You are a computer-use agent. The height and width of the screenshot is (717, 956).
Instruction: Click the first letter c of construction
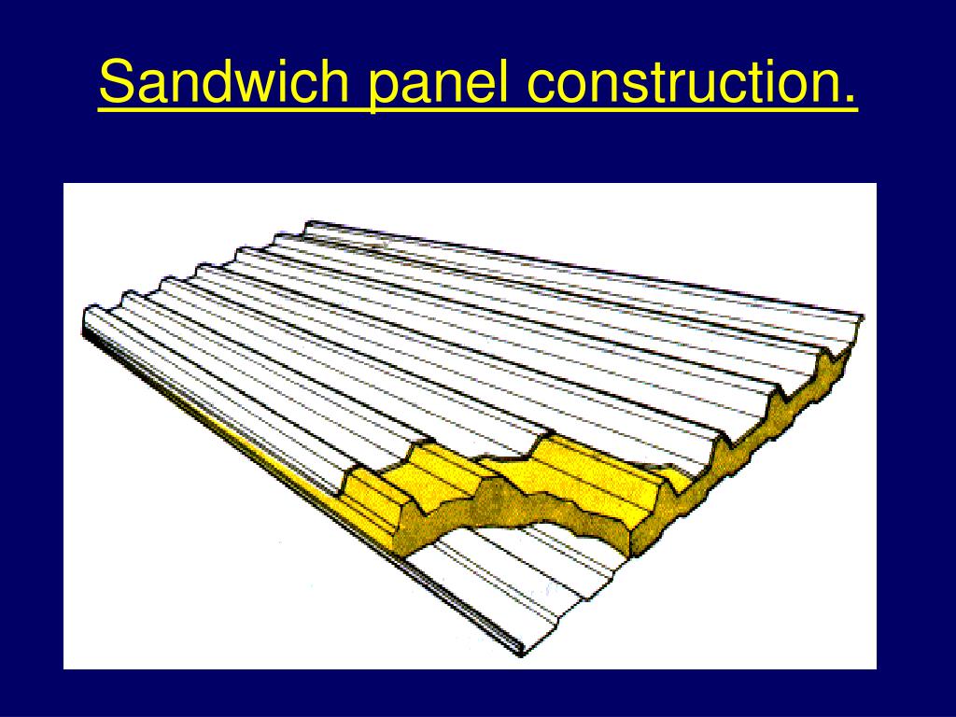coord(539,85)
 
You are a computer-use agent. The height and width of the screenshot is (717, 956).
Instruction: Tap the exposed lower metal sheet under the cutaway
coord(523,579)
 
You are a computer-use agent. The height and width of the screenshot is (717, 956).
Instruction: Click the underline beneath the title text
coord(478,110)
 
